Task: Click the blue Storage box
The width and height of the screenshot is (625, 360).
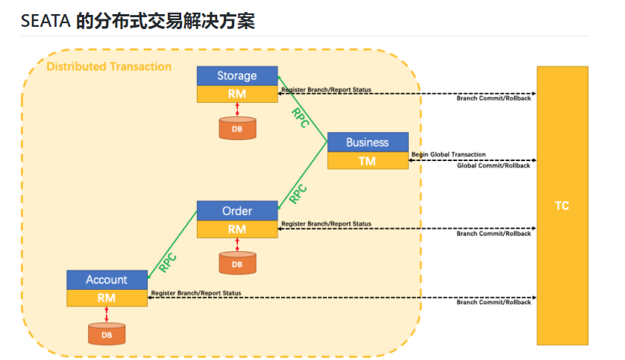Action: pos(236,76)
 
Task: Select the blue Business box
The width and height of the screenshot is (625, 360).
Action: pos(367,142)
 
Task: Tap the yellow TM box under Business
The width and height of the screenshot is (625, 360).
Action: pos(367,160)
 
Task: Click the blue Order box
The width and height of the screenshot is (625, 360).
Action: pos(236,211)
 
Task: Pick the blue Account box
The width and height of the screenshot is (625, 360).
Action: pos(107,280)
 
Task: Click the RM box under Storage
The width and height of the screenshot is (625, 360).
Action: pos(236,95)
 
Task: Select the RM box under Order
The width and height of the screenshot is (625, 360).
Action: pos(236,230)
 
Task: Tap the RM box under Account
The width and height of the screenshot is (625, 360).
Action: pos(107,298)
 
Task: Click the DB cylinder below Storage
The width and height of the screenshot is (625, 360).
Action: pos(236,128)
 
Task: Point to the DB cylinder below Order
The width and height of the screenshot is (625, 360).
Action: pos(236,263)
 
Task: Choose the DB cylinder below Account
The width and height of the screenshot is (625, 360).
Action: pos(107,333)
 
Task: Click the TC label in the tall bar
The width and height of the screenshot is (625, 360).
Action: pos(562,206)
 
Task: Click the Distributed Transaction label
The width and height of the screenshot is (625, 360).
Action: pos(109,67)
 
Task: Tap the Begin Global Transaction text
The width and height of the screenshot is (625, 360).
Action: pos(448,155)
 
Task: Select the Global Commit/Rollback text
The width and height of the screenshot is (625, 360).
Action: pos(493,165)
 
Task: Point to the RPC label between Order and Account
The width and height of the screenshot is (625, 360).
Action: pos(168,262)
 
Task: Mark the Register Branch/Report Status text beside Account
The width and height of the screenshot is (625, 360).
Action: pos(195,293)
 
